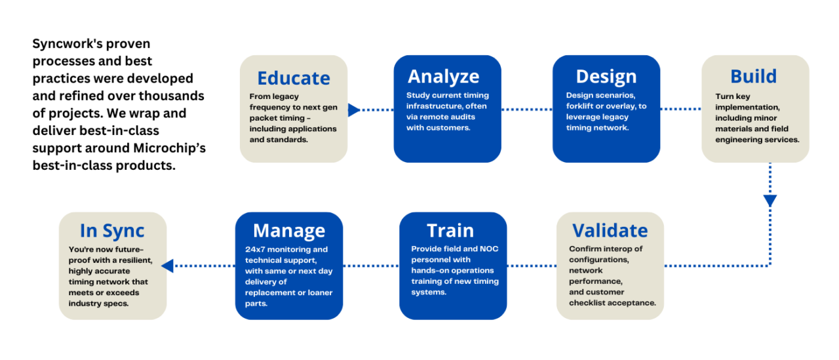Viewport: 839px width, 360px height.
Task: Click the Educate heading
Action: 293,78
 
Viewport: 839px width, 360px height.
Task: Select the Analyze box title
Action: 443,76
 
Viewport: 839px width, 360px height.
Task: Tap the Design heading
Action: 606,76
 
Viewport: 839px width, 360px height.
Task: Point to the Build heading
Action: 753,76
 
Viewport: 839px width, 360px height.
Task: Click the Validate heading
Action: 610,230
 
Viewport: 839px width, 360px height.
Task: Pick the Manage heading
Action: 288,230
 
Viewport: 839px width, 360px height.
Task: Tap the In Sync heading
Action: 112,230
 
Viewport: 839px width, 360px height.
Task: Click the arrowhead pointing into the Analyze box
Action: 353,110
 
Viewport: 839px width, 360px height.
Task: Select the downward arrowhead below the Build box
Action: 770,201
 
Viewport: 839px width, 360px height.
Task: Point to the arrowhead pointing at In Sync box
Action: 168,266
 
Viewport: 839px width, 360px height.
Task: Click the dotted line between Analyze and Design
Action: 526,110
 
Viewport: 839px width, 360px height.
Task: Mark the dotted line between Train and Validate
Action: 532,266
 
